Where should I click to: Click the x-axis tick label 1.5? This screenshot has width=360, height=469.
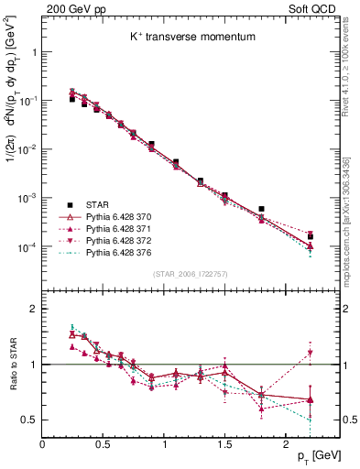coord(225,444)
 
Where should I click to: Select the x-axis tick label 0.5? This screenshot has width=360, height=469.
coord(104,444)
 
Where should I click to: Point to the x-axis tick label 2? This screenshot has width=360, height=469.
coord(287,444)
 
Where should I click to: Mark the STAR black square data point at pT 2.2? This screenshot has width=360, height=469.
coord(311,236)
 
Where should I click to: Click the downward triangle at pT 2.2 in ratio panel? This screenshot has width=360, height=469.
coord(311,353)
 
